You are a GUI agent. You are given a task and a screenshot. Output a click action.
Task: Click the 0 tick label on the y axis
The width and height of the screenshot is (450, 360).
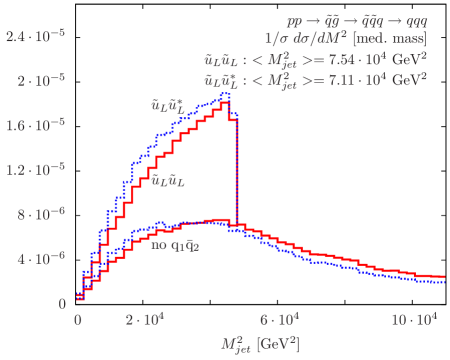point(62,301)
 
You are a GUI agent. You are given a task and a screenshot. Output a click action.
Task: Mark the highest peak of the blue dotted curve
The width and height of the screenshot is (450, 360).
point(225,94)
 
